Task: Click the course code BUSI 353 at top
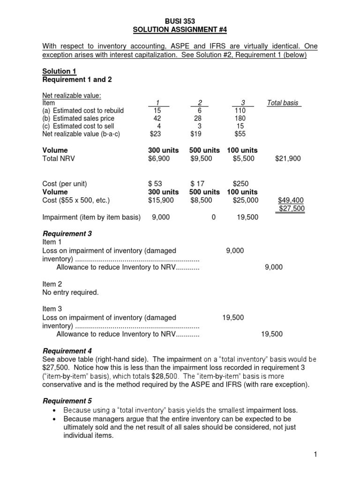180,22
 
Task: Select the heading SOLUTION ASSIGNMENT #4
180,30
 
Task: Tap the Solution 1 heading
59,71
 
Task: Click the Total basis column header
284,103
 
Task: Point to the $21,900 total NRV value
288,159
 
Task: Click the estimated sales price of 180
240,119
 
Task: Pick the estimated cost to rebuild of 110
240,111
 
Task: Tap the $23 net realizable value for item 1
155,134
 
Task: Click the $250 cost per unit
241,184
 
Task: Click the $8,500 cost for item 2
201,200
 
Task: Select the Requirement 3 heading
67,233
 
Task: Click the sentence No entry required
70,292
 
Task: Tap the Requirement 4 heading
67,351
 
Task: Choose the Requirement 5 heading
67,401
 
